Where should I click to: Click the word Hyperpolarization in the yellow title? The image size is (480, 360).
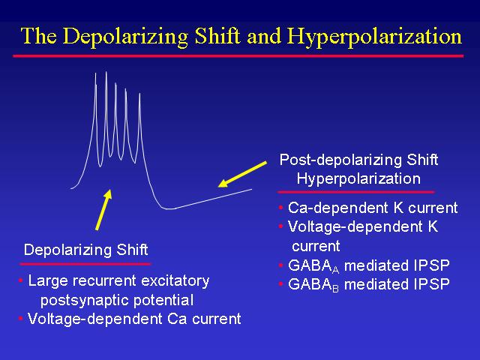pyautogui.click(x=374, y=37)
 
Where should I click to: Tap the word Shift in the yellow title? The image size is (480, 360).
pyautogui.click(x=217, y=35)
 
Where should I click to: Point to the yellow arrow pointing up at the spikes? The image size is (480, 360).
pyautogui.click(x=103, y=210)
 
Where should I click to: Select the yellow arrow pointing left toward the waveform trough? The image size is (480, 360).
pyautogui.click(x=242, y=174)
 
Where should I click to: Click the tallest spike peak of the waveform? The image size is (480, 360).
pyautogui.click(x=106, y=72)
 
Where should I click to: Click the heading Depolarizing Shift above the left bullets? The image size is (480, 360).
pyautogui.click(x=86, y=250)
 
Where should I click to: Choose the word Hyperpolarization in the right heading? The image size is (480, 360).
pyautogui.click(x=358, y=178)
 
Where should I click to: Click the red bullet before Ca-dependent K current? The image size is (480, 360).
pyautogui.click(x=280, y=208)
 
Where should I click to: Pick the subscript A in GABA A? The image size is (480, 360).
pyautogui.click(x=335, y=270)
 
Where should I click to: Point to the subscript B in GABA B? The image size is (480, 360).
pyautogui.click(x=335, y=289)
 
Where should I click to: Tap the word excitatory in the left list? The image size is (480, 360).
pyautogui.click(x=175, y=281)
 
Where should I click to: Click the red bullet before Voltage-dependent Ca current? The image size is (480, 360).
pyautogui.click(x=20, y=319)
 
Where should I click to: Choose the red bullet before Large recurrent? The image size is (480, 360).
pyautogui.click(x=20, y=280)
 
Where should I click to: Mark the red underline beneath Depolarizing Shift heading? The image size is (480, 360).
pyautogui.click(x=85, y=264)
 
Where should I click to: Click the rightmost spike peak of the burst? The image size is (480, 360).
pyautogui.click(x=139, y=94)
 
